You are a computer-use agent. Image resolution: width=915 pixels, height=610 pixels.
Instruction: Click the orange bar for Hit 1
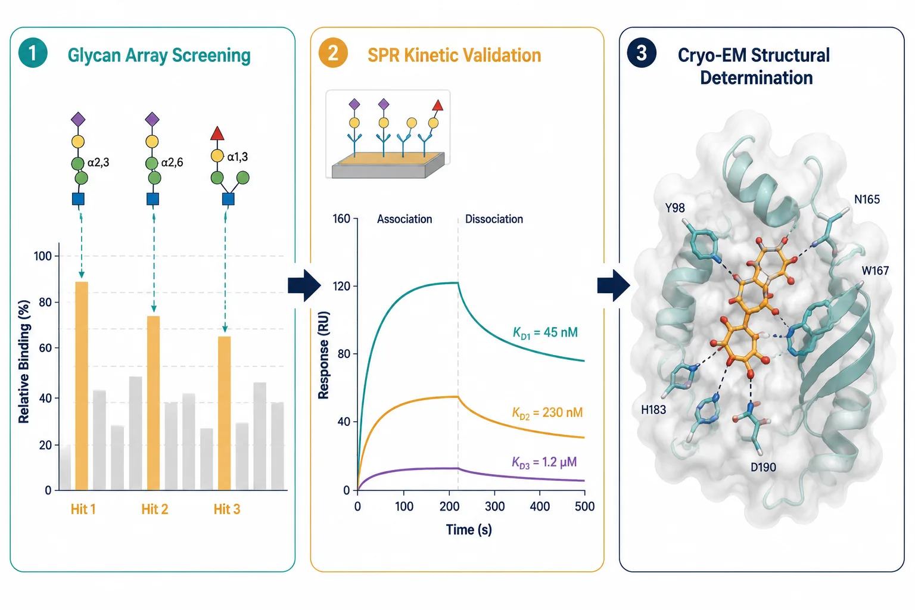click(x=82, y=385)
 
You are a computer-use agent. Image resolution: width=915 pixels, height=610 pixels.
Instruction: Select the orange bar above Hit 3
click(x=224, y=413)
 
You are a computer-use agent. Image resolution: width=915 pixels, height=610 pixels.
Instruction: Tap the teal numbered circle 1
click(x=33, y=52)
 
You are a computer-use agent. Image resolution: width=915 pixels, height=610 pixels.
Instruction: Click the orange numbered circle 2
click(x=333, y=52)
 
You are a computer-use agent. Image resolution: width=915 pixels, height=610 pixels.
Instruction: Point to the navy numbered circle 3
click(x=642, y=52)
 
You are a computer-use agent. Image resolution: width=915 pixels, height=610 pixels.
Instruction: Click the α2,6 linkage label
click(x=172, y=163)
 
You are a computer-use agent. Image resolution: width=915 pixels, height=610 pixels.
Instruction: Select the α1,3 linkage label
click(x=237, y=157)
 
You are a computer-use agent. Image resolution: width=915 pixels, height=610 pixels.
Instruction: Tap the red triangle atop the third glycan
click(x=217, y=133)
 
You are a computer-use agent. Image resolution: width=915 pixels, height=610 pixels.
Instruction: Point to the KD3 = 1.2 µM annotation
click(x=544, y=462)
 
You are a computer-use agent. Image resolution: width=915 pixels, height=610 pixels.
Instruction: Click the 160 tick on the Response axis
click(x=341, y=219)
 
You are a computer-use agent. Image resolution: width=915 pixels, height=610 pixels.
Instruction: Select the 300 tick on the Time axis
click(x=494, y=506)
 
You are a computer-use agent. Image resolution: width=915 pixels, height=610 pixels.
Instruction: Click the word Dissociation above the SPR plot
click(x=494, y=219)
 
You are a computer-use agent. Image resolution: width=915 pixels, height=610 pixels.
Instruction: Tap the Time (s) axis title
click(x=469, y=530)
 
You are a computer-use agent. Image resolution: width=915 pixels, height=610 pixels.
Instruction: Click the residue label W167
click(x=875, y=270)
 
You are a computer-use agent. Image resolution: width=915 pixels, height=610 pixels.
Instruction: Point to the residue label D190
click(x=763, y=467)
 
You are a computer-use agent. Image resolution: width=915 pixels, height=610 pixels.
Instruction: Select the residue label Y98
click(x=675, y=208)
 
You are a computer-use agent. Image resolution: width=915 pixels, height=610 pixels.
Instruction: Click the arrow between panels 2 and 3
click(x=614, y=285)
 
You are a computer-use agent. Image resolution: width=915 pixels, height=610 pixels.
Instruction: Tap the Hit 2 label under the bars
click(x=155, y=509)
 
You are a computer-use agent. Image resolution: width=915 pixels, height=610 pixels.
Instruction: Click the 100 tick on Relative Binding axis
click(x=42, y=256)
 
